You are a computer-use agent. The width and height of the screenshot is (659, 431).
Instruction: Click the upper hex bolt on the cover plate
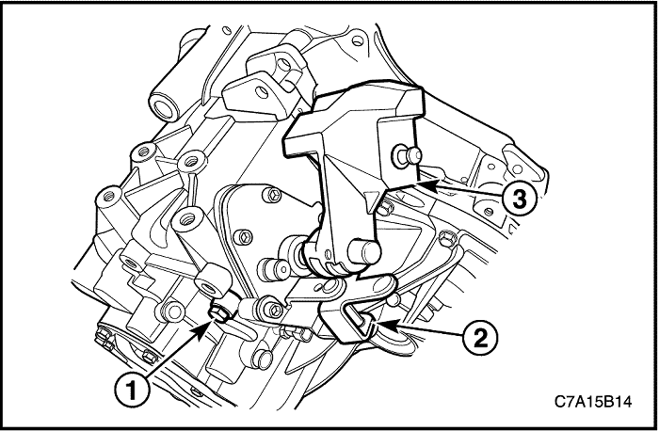(272, 195)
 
